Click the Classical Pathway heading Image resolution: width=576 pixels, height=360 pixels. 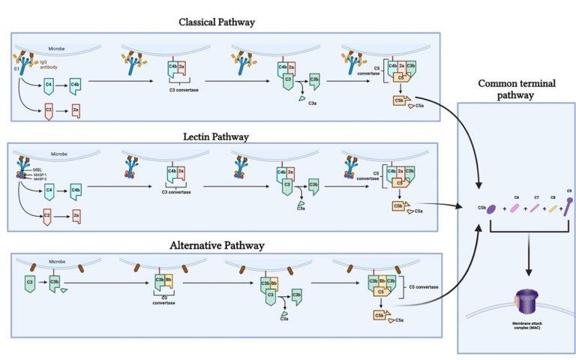pos(217,22)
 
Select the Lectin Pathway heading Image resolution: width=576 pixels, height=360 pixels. pos(217,136)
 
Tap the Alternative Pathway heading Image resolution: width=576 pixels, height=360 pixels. pos(217,245)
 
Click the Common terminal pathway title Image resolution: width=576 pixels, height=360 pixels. pos(516,89)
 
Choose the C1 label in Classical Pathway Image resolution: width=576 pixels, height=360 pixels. pos(16,70)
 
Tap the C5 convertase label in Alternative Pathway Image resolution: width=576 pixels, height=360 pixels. pos(423,286)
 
